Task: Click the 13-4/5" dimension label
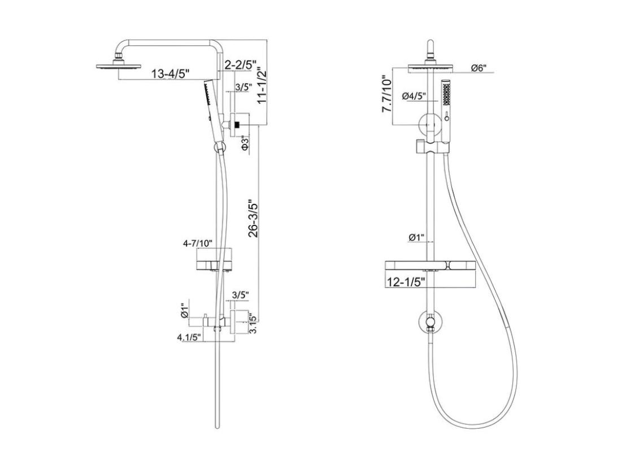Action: tap(171, 74)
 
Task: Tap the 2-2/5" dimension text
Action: tap(241, 64)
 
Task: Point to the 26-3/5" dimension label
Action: tap(253, 218)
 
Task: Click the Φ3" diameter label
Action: tap(245, 144)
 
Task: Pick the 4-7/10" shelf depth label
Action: tap(198, 244)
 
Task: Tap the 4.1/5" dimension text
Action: tap(189, 337)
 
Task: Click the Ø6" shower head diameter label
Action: tap(479, 68)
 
